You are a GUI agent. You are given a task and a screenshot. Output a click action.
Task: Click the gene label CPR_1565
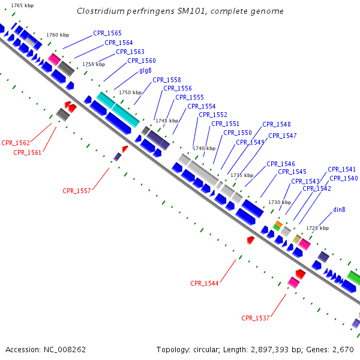pyautogui.click(x=107, y=34)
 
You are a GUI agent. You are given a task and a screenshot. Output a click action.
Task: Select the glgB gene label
pyautogui.click(x=145, y=70)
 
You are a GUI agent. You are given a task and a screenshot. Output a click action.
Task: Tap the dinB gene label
pyautogui.click(x=339, y=209)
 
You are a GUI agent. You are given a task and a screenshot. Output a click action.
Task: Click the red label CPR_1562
pyautogui.click(x=16, y=143)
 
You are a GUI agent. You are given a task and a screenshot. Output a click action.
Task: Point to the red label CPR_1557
pyautogui.click(x=77, y=191)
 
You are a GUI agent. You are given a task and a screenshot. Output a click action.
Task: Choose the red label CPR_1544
pyautogui.click(x=205, y=283)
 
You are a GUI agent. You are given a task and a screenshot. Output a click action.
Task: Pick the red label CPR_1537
pyautogui.click(x=256, y=318)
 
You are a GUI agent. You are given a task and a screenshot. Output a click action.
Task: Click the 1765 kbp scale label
pyautogui.click(x=22, y=5)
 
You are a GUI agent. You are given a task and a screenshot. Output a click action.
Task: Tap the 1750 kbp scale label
pyautogui.click(x=130, y=92)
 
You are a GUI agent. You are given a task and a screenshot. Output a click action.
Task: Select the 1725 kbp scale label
pyautogui.click(x=317, y=228)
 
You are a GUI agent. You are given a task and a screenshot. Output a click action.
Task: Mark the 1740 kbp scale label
pyautogui.click(x=203, y=148)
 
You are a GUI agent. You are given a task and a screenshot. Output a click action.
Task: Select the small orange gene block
pyautogui.click(x=278, y=223)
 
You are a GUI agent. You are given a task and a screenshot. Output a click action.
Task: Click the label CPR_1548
pyautogui.click(x=277, y=124)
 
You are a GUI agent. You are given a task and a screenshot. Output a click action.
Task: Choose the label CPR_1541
pyautogui.click(x=341, y=169)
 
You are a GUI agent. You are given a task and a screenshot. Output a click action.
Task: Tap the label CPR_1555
pyautogui.click(x=190, y=97)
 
